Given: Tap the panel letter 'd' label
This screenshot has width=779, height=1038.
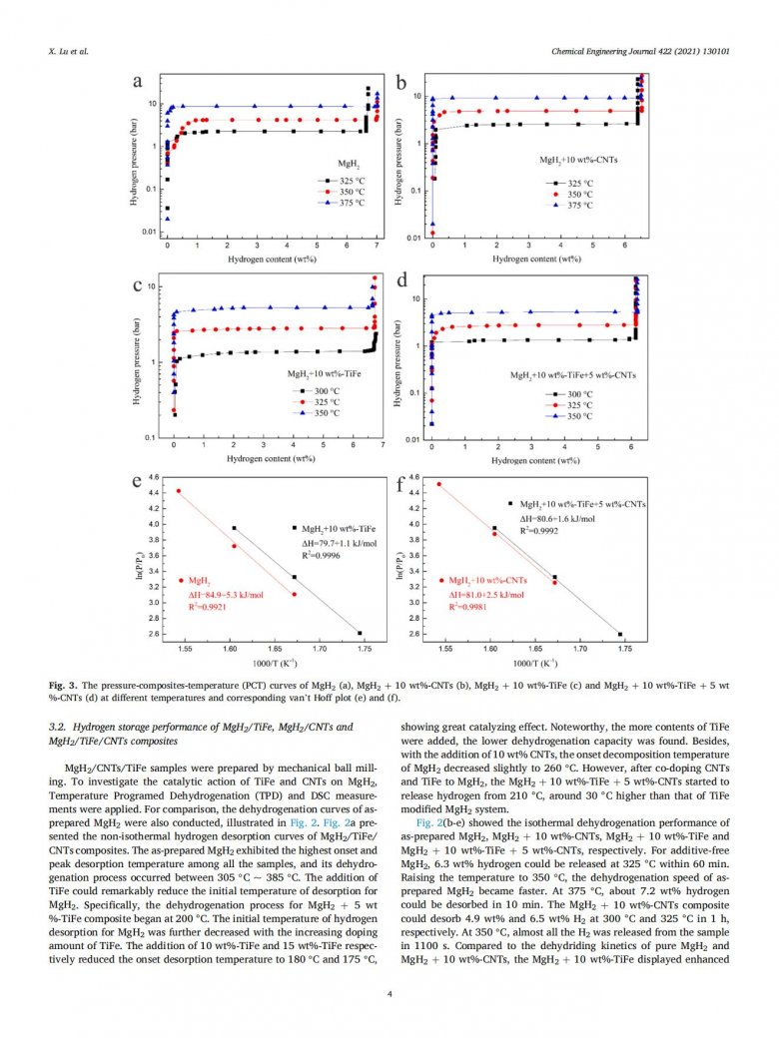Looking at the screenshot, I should (403, 282).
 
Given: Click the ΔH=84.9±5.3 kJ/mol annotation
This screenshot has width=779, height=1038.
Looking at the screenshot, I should (227, 594).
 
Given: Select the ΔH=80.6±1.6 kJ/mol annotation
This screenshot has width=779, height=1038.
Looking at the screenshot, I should (557, 519).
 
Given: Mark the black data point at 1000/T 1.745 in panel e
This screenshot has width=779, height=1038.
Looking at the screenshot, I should (360, 633).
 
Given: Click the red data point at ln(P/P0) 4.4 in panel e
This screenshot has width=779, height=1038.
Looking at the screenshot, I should (179, 491).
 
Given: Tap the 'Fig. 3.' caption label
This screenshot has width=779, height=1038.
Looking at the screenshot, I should (63, 688).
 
